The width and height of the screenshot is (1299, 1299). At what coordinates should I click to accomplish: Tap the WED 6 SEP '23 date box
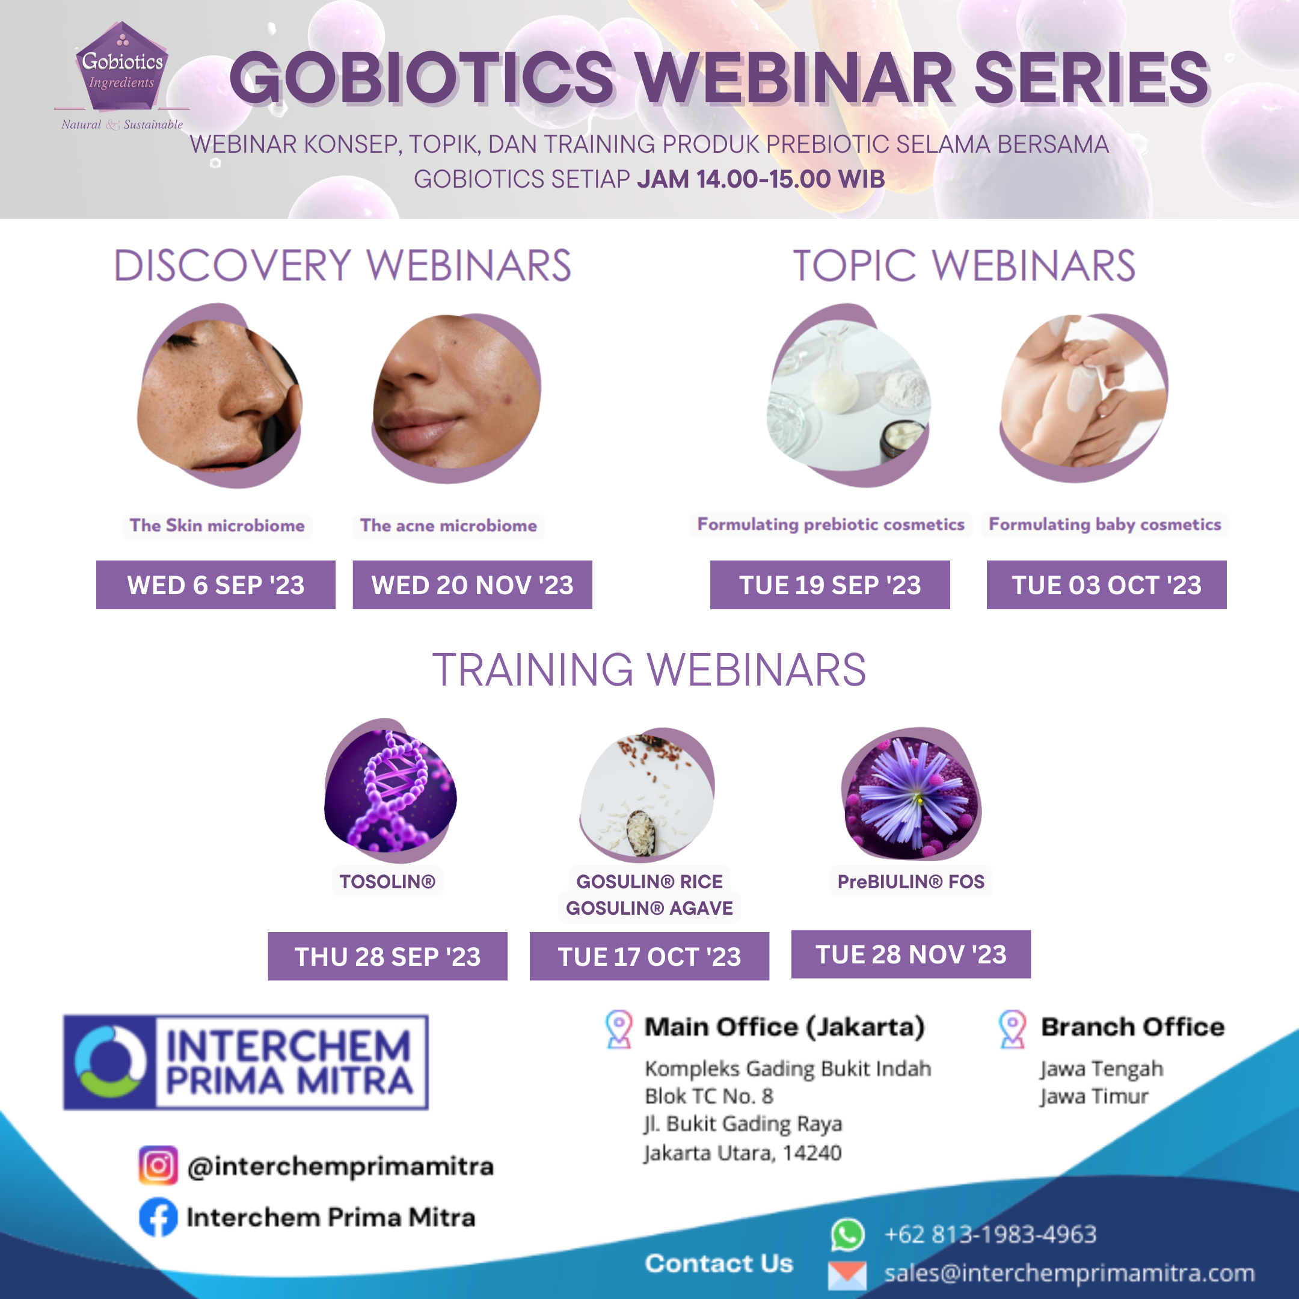pyautogui.click(x=215, y=585)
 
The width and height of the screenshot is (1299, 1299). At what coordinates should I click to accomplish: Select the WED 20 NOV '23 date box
pyautogui.click(x=472, y=585)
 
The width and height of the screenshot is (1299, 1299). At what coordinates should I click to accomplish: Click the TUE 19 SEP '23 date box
pyautogui.click(x=830, y=585)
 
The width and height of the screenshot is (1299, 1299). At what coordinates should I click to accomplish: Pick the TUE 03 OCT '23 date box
pyautogui.click(x=1106, y=585)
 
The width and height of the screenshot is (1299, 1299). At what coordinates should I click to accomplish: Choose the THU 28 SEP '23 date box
pyautogui.click(x=387, y=956)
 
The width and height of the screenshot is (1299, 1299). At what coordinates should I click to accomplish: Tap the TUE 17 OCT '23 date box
pyautogui.click(x=649, y=956)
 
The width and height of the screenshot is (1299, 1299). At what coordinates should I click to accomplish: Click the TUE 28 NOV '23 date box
pyautogui.click(x=911, y=954)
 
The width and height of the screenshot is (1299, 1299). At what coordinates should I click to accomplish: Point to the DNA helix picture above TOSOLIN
pyautogui.click(x=390, y=790)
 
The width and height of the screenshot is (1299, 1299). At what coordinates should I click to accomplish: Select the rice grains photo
pyautogui.click(x=647, y=793)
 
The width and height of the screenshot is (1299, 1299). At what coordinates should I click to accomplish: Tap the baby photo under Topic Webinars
pyautogui.click(x=1084, y=395)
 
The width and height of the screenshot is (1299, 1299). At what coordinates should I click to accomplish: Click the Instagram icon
pyautogui.click(x=158, y=1165)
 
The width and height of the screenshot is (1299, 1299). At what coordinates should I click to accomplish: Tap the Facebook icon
pyautogui.click(x=158, y=1217)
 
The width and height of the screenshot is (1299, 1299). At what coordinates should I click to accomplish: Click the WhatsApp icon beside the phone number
pyautogui.click(x=847, y=1235)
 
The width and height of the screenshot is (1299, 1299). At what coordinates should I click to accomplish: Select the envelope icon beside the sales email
pyautogui.click(x=847, y=1274)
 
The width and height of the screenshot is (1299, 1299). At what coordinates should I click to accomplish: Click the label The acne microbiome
pyautogui.click(x=449, y=525)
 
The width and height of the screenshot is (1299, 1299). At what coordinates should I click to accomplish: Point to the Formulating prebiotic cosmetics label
pyautogui.click(x=831, y=524)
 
